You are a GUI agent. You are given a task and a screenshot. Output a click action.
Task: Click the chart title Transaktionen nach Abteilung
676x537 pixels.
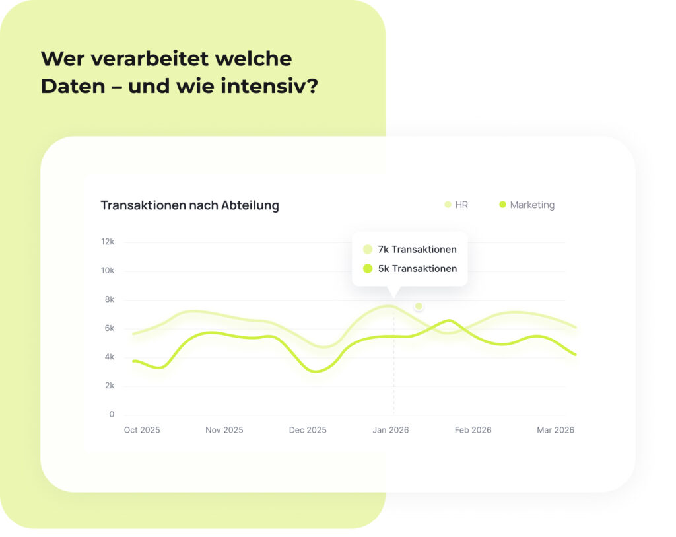pyautogui.click(x=189, y=205)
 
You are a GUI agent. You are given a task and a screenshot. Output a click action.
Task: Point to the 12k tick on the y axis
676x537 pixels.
pyautogui.click(x=108, y=242)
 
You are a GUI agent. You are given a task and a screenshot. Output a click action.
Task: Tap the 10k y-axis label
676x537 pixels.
pyautogui.click(x=108, y=271)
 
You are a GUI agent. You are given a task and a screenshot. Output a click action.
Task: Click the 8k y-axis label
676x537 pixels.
pyautogui.click(x=109, y=299)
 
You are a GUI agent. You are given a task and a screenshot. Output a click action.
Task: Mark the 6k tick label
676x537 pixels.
pyautogui.click(x=109, y=328)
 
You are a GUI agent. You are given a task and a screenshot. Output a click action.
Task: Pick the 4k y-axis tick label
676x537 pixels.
pyautogui.click(x=109, y=357)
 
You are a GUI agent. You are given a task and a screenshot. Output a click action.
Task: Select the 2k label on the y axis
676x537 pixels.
pyautogui.click(x=109, y=386)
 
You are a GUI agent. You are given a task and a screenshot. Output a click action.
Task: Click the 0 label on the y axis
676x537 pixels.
pyautogui.click(x=112, y=415)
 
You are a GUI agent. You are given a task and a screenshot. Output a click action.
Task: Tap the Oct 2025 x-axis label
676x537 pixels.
pyautogui.click(x=142, y=430)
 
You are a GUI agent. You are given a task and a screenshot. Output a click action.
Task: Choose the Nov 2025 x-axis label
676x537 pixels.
pyautogui.click(x=224, y=430)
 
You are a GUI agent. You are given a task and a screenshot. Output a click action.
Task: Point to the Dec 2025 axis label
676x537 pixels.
pyautogui.click(x=308, y=430)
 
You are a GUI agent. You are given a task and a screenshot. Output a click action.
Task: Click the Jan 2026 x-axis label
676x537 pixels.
pyautogui.click(x=391, y=430)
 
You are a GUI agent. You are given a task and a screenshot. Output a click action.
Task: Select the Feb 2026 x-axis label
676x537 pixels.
pyautogui.click(x=473, y=430)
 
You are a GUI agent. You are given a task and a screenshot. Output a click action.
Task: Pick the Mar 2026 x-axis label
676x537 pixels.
pyautogui.click(x=555, y=430)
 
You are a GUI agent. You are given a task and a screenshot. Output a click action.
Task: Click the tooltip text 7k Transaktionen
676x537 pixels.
pyautogui.click(x=417, y=250)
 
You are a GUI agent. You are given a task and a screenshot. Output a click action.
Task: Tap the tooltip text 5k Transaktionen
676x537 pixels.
pyautogui.click(x=417, y=269)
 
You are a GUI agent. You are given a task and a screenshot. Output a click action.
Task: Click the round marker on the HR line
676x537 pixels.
pyautogui.click(x=419, y=306)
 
